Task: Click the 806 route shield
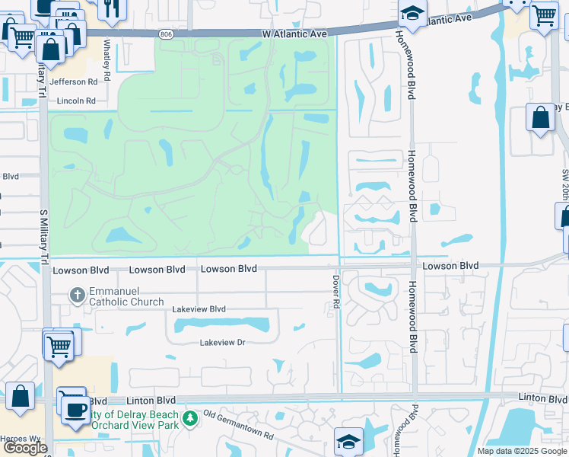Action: (167, 34)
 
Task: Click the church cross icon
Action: (76, 294)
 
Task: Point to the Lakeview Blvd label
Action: (199, 309)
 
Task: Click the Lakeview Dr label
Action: (222, 343)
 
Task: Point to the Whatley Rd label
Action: (108, 60)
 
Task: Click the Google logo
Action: (25, 448)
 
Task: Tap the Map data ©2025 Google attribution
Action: (521, 451)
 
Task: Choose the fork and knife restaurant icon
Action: (111, 8)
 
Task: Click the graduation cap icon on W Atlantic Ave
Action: (412, 14)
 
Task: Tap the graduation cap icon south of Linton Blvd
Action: (348, 441)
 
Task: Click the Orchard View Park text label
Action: (135, 425)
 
